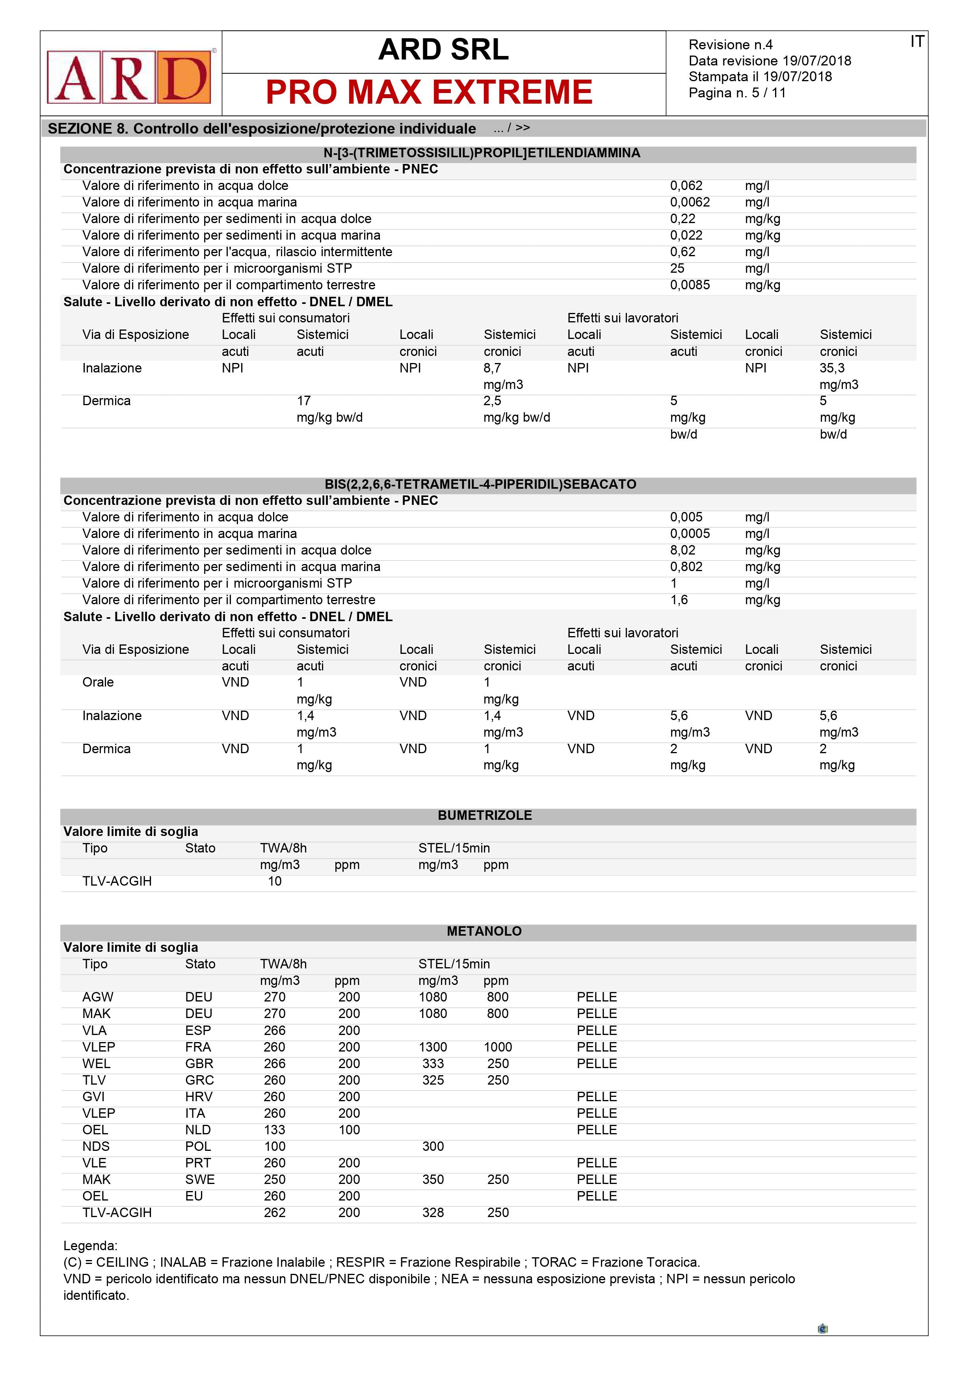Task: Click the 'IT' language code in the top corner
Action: [x=917, y=41]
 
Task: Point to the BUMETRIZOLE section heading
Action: [x=485, y=815]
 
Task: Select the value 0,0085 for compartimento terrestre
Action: [x=690, y=285]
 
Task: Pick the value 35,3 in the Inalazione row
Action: [x=832, y=368]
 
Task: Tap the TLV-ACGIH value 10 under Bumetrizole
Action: [x=275, y=881]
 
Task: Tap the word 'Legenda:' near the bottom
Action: [x=90, y=1246]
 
